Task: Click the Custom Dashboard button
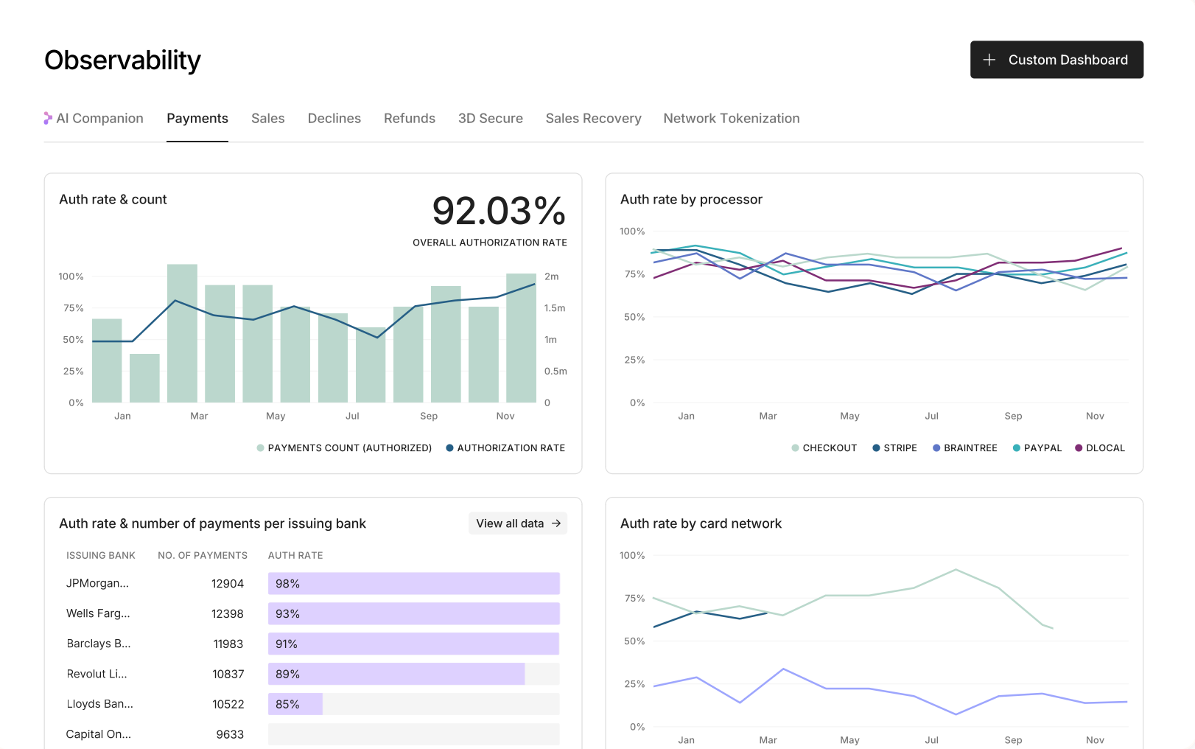pos(1056,60)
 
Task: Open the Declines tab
pos(334,118)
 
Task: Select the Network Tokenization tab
pos(732,118)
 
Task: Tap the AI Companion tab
pos(94,118)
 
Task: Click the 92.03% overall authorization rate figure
pos(498,211)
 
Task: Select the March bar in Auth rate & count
pos(183,333)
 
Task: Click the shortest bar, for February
pos(144,378)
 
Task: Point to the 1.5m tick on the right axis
pos(554,308)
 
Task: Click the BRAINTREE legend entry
pos(964,448)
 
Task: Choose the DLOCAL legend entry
pos(1099,448)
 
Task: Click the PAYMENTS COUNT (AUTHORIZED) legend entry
pos(344,448)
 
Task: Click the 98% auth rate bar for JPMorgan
pos(414,584)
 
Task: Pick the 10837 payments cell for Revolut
pos(228,675)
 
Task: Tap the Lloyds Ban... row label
pos(99,704)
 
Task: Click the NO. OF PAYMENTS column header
pos(203,555)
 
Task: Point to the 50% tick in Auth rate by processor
pos(634,317)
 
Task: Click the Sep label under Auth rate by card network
pos(1013,740)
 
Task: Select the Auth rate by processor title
pos(691,199)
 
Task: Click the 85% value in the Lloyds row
pos(287,704)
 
